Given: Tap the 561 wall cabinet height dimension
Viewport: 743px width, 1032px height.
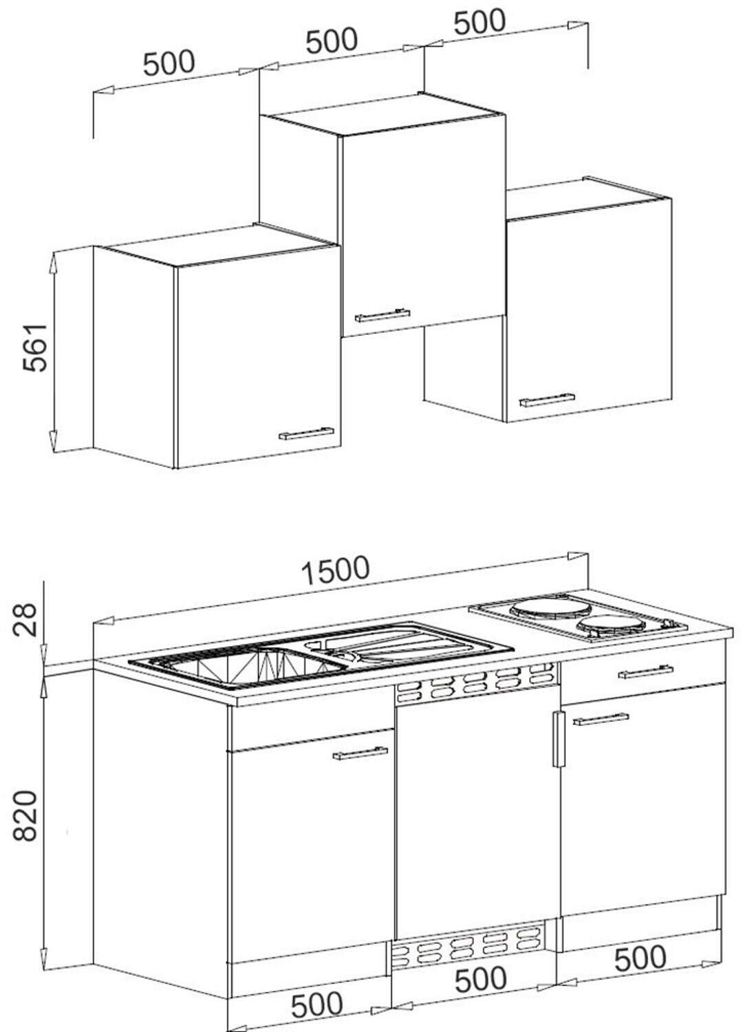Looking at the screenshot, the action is click(x=36, y=348).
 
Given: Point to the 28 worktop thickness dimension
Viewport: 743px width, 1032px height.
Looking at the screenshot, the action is click(x=24, y=619).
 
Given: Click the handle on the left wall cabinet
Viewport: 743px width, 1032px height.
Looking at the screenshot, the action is click(x=306, y=433).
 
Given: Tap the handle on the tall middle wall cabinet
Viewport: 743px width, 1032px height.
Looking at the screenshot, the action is click(x=383, y=315).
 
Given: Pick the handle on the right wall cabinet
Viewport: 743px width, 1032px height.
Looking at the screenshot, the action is click(x=547, y=400).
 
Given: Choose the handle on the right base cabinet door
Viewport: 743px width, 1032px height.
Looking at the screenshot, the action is click(x=601, y=719).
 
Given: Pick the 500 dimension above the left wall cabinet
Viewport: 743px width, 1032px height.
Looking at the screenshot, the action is click(x=169, y=63).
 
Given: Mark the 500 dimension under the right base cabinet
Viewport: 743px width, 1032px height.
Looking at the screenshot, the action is click(x=640, y=956).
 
